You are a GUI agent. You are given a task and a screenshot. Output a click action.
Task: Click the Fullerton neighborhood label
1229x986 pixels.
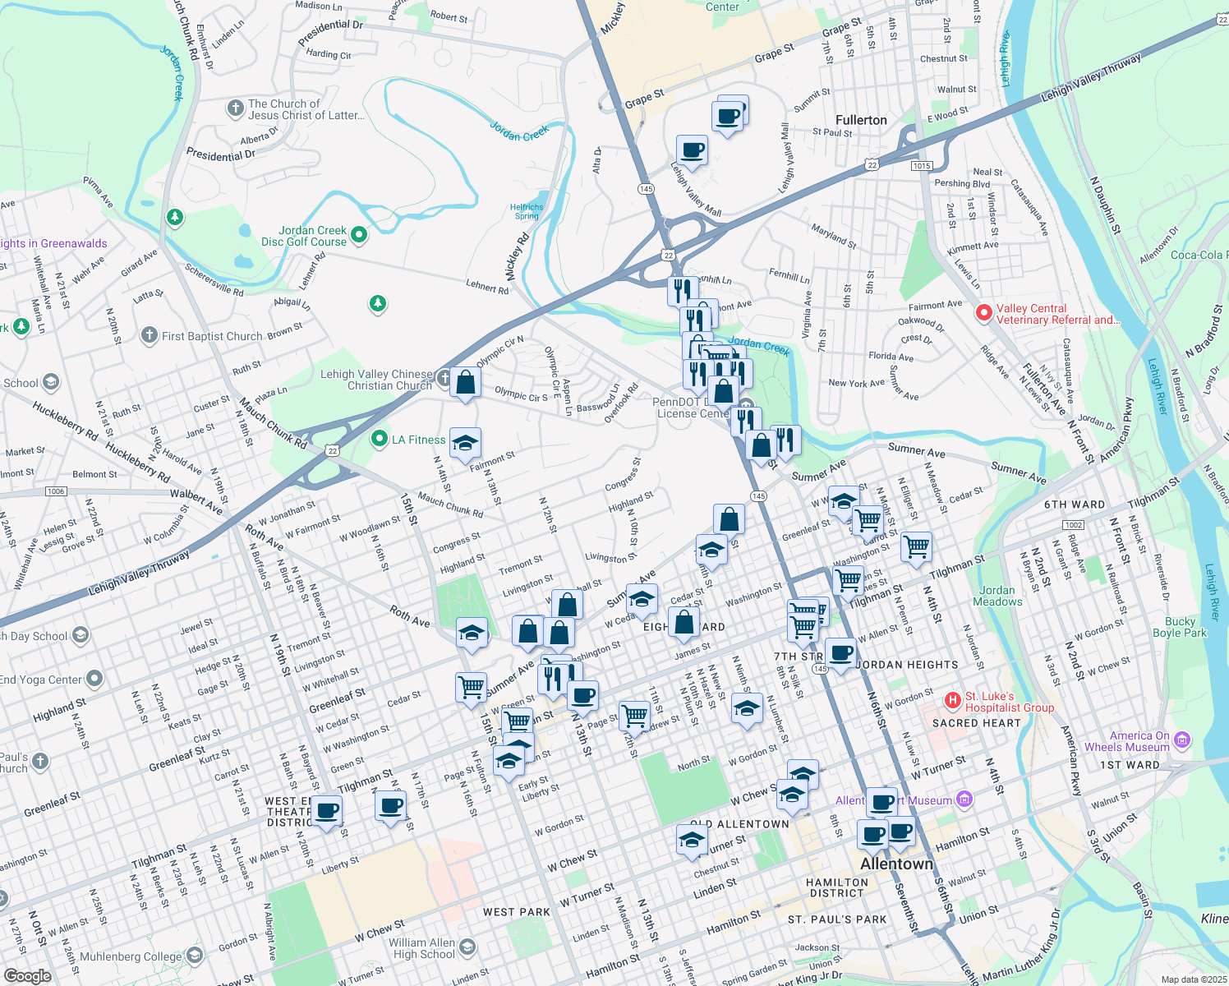[861, 120]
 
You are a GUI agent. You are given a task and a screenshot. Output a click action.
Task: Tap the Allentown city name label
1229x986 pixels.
[896, 864]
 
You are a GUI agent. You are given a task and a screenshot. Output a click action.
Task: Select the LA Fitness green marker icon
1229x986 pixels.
[379, 440]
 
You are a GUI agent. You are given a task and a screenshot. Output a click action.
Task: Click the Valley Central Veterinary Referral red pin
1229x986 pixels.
[983, 313]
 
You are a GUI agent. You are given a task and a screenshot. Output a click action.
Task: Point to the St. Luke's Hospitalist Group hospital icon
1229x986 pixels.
[952, 701]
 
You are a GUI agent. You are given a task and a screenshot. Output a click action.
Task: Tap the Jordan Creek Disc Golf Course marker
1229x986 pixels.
[359, 236]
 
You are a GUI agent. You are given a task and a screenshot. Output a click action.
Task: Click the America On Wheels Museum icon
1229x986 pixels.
[1182, 741]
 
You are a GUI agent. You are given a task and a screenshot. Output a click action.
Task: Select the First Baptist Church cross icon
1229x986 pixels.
[149, 335]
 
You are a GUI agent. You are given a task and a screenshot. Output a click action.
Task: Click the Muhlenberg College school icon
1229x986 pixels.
[195, 955]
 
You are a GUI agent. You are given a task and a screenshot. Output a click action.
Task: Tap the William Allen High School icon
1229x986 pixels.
[467, 947]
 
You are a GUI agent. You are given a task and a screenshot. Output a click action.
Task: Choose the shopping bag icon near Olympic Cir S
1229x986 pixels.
[465, 383]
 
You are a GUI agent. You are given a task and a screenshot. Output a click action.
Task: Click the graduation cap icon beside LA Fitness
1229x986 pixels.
[465, 445]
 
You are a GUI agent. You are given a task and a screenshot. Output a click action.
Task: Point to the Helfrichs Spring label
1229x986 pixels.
[527, 212]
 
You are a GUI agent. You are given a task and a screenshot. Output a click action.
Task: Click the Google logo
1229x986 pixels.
[27, 976]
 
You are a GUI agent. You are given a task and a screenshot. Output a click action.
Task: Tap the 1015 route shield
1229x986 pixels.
[921, 166]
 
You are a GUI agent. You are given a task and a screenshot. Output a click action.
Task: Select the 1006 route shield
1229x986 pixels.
[56, 491]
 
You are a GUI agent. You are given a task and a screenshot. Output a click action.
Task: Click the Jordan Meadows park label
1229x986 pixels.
[997, 596]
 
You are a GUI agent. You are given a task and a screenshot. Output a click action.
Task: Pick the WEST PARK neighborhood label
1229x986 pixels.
[517, 912]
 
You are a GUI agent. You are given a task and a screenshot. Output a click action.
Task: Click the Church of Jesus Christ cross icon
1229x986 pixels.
[235, 108]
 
